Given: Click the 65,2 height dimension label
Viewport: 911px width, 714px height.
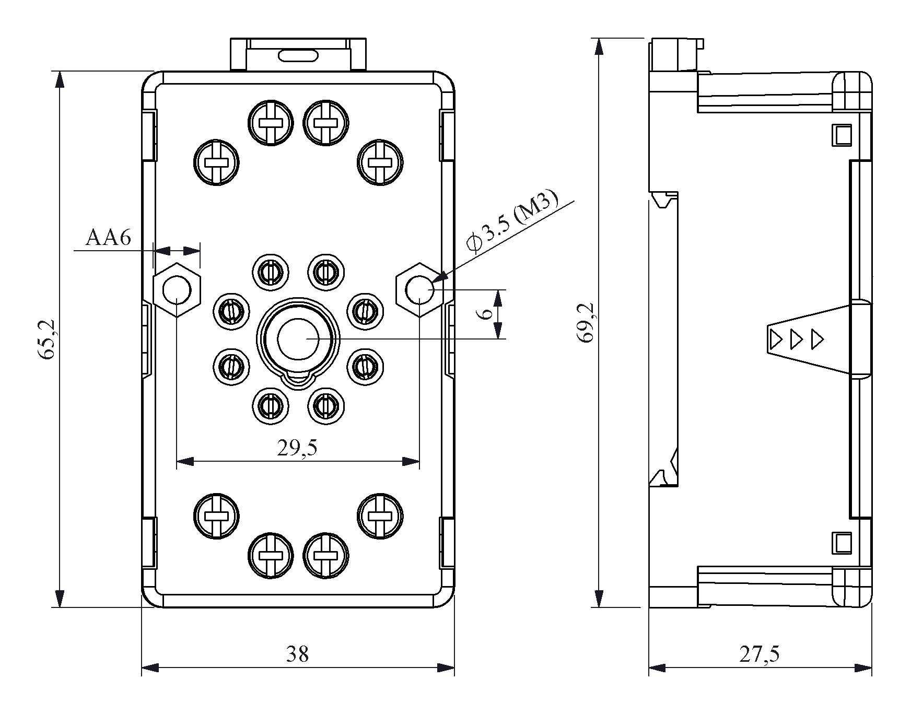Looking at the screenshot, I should tap(46, 339).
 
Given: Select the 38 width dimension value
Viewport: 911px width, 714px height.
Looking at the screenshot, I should tap(297, 654).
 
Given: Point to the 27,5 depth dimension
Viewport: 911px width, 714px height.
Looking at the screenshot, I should tap(759, 654).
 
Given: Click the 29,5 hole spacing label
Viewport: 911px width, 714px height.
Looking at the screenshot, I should tap(297, 448).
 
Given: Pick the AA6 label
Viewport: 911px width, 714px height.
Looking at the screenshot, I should tap(109, 238).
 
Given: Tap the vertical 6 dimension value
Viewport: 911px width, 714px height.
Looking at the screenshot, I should tap(485, 313).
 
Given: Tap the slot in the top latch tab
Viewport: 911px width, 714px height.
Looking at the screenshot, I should tap(298, 55).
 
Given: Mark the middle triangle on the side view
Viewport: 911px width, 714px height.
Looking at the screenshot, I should tap(797, 340).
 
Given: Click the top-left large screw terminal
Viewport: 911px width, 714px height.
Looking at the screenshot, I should tap(216, 162).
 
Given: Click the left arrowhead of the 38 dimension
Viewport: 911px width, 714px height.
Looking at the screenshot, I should tap(150, 668).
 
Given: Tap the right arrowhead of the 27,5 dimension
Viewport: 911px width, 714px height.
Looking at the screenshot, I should tap(863, 668).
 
